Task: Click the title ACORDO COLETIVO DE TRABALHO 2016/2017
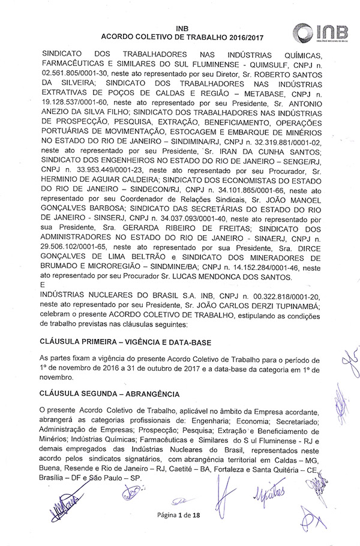[179, 37]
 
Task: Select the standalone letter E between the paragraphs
[42, 286]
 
